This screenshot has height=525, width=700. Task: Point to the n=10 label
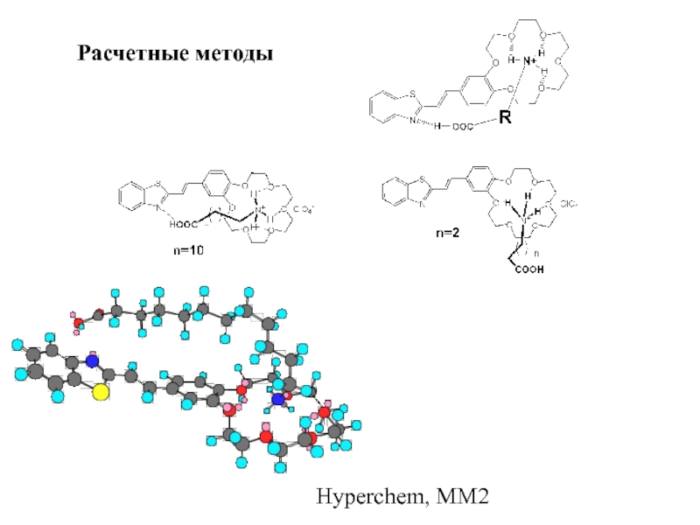pyautogui.click(x=185, y=250)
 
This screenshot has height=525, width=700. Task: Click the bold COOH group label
pyautogui.click(x=528, y=270)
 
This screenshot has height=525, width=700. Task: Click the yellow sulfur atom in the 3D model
pyautogui.click(x=101, y=391)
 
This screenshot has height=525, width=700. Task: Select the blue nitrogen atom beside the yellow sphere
pyautogui.click(x=93, y=360)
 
